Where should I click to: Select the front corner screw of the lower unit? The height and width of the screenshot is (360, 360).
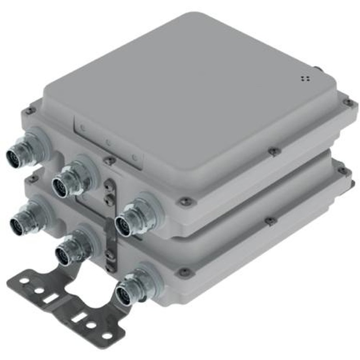(x=184, y=272)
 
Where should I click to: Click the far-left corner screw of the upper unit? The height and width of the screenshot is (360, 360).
(x=30, y=111)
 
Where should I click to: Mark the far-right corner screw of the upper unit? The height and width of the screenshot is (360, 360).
(x=348, y=103)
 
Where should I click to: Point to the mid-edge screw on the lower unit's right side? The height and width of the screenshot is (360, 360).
(x=270, y=220)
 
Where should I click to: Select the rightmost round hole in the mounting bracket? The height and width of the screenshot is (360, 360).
(x=107, y=336)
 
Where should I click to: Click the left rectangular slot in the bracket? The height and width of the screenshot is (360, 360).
(x=50, y=298)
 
